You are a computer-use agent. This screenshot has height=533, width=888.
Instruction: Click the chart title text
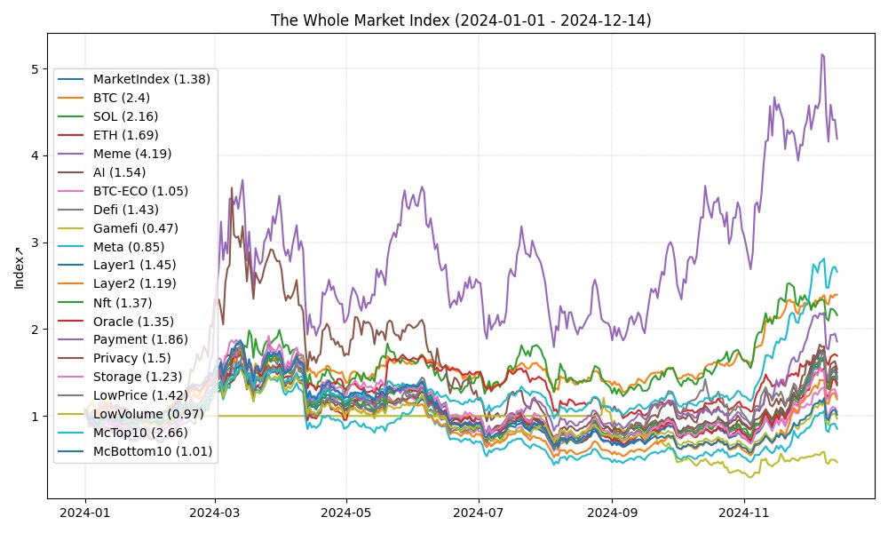tap(461, 20)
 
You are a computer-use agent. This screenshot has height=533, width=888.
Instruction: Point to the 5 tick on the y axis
tap(35, 69)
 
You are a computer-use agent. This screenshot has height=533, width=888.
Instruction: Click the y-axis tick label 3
tap(35, 243)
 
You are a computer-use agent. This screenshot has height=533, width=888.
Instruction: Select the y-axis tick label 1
tap(35, 417)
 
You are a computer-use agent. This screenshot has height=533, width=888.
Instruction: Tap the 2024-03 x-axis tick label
tap(215, 513)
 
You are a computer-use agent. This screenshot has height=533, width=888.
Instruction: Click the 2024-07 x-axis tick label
tap(479, 513)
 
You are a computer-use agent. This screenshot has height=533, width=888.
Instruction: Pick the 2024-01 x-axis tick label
tap(85, 513)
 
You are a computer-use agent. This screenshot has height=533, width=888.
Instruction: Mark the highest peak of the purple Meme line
tap(821, 54)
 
